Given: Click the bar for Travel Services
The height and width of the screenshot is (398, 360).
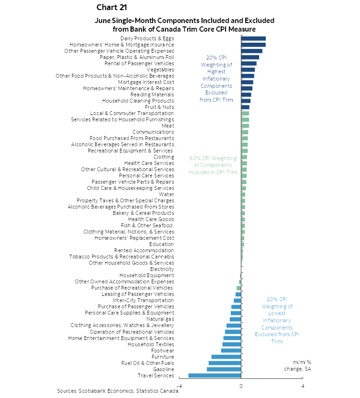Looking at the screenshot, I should coord(215,375).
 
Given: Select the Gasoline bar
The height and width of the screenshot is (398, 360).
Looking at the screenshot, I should coord(224,369).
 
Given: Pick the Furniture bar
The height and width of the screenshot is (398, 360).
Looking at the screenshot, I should coord(226,357).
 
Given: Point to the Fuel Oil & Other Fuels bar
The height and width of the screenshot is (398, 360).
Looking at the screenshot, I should coord(225,363).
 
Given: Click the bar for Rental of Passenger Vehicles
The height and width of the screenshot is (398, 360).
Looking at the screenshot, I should coord(249,63).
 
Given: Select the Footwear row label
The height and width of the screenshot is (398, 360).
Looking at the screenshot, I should coord(162,351).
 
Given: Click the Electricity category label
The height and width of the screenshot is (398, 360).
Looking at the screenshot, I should coord(162,269).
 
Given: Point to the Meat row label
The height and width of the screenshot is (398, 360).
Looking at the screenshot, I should coord(168,126).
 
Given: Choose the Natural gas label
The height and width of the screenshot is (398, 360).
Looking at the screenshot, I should coord(160,319).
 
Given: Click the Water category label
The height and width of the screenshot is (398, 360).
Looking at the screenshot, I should coord(167,194).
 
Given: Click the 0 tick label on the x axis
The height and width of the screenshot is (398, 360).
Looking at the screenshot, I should coord(241,386).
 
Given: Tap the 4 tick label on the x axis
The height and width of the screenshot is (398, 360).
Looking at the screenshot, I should coord(303,386).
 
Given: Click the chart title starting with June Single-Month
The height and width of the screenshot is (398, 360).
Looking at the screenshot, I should coord(184,24).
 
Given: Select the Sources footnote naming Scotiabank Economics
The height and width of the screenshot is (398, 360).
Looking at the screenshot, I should coord(118,391).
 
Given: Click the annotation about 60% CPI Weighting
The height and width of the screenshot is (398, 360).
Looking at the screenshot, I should coord(213,165).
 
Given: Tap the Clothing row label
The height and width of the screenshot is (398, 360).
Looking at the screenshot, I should coord(164,157).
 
